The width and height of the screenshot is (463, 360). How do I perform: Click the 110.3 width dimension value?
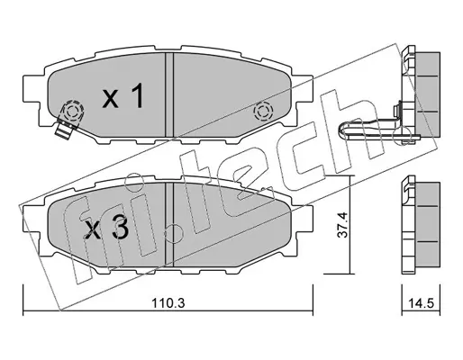click(168, 303)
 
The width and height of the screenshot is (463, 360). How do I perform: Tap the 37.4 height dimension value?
click(343, 225)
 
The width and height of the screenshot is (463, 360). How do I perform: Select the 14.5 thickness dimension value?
click(422, 303)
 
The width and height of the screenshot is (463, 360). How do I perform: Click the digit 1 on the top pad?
click(138, 95)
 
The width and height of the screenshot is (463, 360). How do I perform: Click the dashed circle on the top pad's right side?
click(263, 112)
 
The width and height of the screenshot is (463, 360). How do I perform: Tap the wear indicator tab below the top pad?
click(66, 130)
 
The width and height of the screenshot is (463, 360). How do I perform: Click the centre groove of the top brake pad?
click(169, 94)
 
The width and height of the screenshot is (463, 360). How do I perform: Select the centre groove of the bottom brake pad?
click(169, 225)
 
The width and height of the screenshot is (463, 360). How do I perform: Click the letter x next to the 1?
click(111, 99)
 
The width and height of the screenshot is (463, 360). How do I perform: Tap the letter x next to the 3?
click(93, 231)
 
